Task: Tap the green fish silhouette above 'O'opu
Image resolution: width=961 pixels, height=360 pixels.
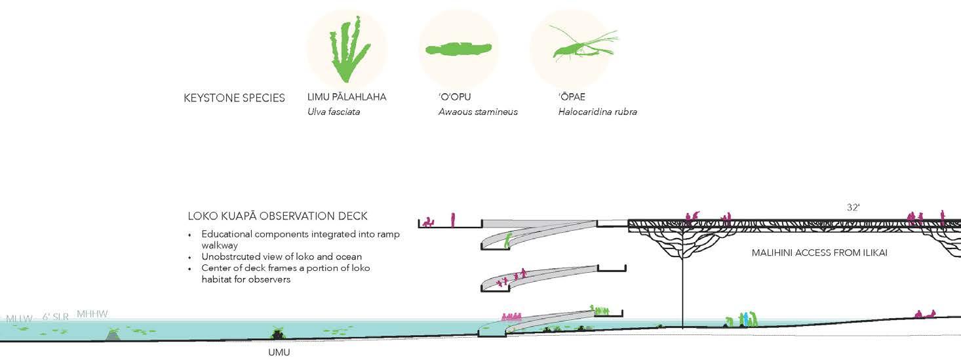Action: click(458, 50)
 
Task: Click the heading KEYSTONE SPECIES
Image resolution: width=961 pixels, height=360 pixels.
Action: click(234, 98)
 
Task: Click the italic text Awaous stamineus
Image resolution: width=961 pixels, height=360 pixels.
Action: click(478, 111)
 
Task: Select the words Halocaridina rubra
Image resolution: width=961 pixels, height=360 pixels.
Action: click(597, 111)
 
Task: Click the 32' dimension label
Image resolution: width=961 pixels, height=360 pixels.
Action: click(853, 207)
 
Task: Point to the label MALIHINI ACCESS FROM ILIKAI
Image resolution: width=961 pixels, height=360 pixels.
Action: click(819, 252)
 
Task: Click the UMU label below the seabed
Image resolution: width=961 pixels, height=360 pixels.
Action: click(279, 353)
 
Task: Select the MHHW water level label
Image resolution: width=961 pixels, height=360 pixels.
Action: click(92, 314)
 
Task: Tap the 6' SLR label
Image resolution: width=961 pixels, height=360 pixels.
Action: click(56, 317)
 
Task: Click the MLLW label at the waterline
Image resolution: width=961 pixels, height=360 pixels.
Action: click(19, 319)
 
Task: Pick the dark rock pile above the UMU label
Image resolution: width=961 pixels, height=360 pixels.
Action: click(278, 334)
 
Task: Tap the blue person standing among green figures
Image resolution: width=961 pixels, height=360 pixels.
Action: click(746, 319)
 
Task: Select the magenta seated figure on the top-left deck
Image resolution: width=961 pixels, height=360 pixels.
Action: click(428, 222)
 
